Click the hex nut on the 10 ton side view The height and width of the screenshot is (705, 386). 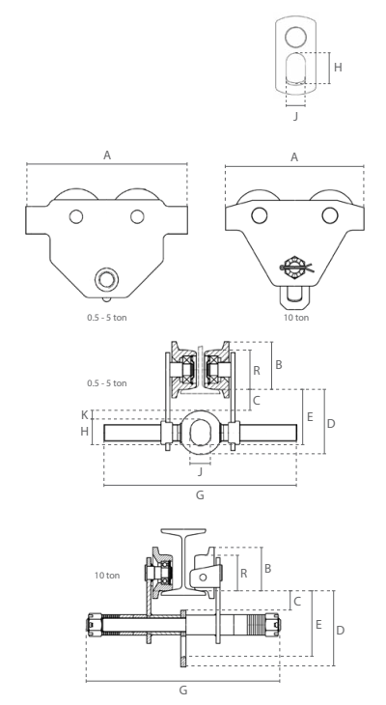pos(293,268)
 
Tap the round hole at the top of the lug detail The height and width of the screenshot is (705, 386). pos(295,37)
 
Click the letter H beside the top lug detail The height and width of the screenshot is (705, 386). pos(338,68)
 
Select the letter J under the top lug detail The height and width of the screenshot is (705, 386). pos(295,116)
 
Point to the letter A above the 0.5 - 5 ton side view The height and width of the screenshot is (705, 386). pos(107,155)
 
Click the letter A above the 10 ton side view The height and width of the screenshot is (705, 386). pos(294,156)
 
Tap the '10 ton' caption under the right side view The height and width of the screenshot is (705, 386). pos(296,318)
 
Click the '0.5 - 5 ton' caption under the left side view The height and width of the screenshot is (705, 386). pos(107,318)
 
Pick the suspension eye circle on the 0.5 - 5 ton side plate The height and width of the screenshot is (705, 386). pos(106,279)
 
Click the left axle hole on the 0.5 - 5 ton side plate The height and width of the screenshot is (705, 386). pos(76,216)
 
